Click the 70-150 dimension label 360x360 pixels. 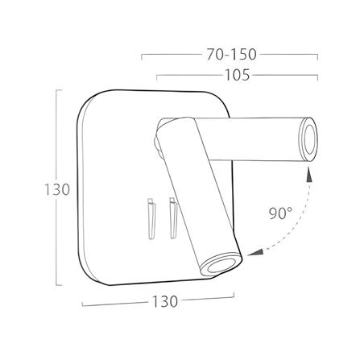(x=231, y=54)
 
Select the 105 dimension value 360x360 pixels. (x=238, y=75)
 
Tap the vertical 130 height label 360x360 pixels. (x=57, y=189)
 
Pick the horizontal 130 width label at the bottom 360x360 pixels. (x=165, y=301)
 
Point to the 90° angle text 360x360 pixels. (x=280, y=213)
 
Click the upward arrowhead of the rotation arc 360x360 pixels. (x=309, y=175)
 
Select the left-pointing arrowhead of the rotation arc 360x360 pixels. (x=255, y=253)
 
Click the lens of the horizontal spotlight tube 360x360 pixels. (x=310, y=139)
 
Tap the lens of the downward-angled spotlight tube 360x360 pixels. (x=221, y=267)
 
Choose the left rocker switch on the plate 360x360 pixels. (x=151, y=218)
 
